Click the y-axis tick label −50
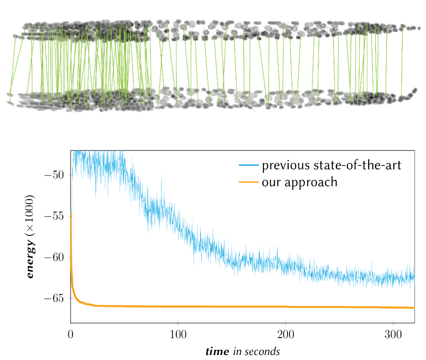click(54, 175)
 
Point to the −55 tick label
click(54, 216)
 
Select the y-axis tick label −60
click(54, 257)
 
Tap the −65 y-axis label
click(54, 298)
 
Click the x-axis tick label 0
click(71, 334)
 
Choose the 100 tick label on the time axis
click(178, 334)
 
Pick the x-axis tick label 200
click(286, 334)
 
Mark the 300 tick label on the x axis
click(393, 334)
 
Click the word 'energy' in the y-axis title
click(30, 260)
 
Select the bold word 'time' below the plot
click(217, 351)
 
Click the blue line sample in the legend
click(248, 165)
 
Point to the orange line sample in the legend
click(248, 182)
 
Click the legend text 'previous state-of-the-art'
click(332, 166)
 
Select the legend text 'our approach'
click(300, 182)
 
